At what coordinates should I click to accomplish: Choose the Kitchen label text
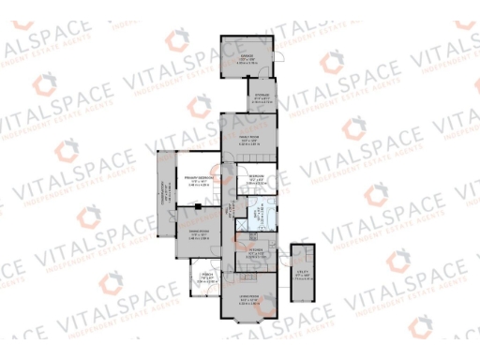[x=255, y=249]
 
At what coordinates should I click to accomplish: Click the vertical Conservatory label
[x=166, y=196]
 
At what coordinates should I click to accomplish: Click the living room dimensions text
[x=249, y=303]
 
